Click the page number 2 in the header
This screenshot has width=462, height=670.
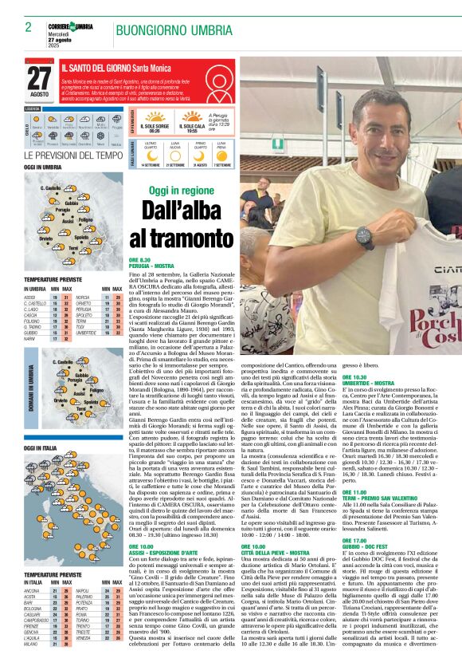[28, 27]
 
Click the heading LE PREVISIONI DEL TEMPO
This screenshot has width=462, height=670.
[74, 156]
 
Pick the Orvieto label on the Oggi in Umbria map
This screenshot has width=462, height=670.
[45, 238]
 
